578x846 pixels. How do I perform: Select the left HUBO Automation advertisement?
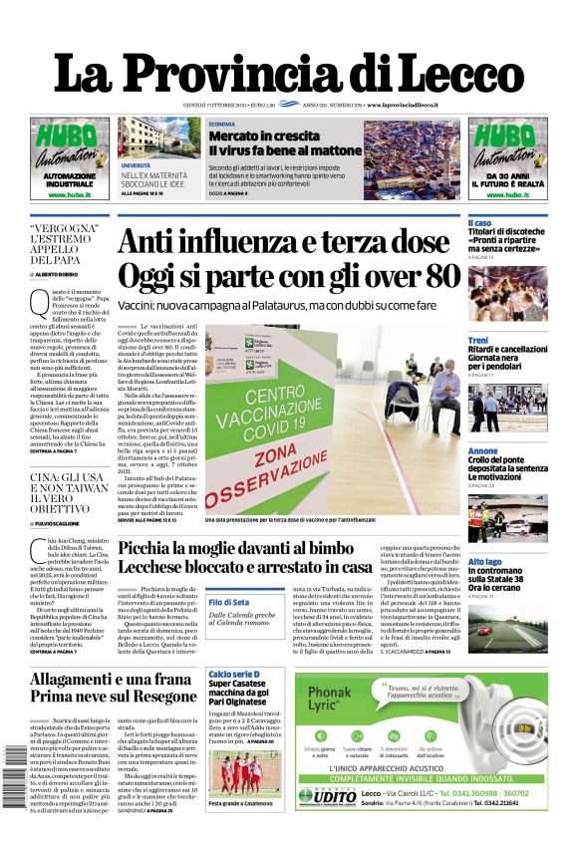(70, 158)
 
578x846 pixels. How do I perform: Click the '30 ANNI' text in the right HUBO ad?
(507, 175)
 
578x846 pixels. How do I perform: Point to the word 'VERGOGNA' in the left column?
(66, 227)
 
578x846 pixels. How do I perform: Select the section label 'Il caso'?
(479, 222)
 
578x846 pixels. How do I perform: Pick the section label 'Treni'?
(478, 341)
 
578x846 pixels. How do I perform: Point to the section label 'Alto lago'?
(485, 562)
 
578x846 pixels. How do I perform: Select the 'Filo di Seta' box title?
(229, 602)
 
